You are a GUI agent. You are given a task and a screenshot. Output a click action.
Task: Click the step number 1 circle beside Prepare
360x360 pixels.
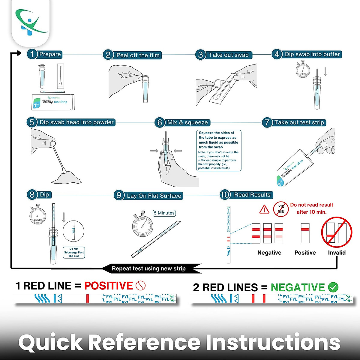(x=32, y=54)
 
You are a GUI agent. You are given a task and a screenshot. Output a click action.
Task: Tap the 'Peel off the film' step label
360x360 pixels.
(x=138, y=55)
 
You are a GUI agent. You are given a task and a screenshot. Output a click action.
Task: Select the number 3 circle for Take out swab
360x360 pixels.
(x=200, y=55)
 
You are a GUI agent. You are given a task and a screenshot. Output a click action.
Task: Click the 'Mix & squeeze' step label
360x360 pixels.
(x=187, y=122)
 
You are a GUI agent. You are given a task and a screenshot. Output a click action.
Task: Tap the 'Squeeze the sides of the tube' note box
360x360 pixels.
(x=219, y=151)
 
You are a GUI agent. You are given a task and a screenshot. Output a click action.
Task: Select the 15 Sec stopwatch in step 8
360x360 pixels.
(x=37, y=216)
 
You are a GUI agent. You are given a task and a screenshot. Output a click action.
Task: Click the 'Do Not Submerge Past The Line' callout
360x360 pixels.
(x=74, y=252)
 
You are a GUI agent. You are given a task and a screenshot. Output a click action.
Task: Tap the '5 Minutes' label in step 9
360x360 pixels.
(x=164, y=213)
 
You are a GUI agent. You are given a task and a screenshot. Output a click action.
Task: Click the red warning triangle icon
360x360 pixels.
(x=264, y=209)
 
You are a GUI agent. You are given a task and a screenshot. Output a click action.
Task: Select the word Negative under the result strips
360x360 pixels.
(x=269, y=253)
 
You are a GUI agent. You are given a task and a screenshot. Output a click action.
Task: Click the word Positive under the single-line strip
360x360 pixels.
(x=305, y=253)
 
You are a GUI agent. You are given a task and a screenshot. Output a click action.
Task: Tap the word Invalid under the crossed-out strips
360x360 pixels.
(x=337, y=253)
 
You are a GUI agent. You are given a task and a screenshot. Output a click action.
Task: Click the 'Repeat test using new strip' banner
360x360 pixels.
(x=148, y=268)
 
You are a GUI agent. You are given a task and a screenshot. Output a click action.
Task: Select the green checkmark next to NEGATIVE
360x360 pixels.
(x=333, y=287)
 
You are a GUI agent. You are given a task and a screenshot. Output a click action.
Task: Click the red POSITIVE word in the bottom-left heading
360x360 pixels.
(x=108, y=286)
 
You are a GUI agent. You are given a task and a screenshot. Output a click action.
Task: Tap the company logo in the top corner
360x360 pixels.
(x=30, y=22)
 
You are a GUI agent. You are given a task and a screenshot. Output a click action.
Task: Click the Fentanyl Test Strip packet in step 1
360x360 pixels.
(x=53, y=102)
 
